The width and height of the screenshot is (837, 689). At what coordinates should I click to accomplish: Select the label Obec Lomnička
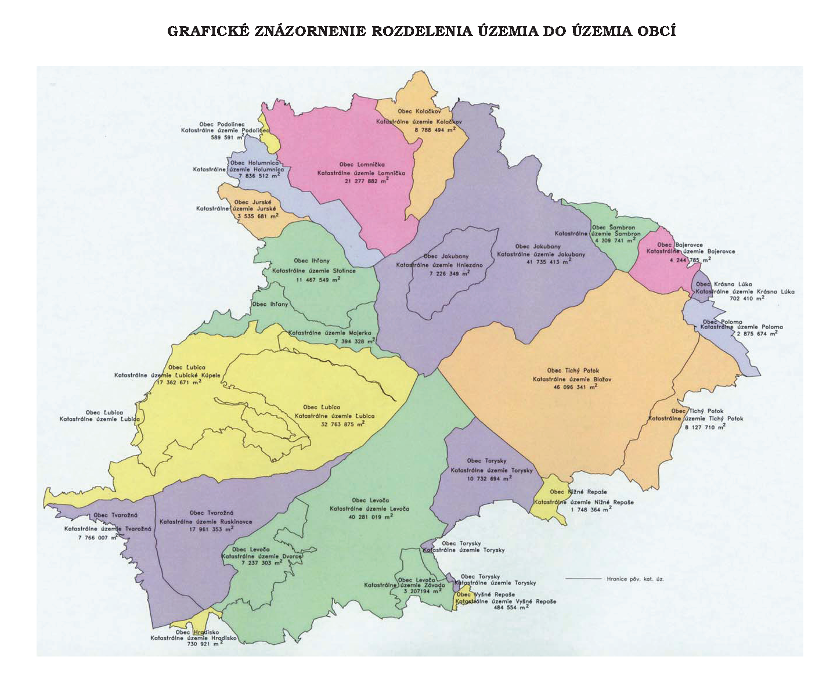tap(362, 164)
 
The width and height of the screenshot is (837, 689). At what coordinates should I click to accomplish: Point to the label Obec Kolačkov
tap(419, 111)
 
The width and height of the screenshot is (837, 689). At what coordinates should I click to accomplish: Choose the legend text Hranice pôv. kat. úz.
tap(635, 579)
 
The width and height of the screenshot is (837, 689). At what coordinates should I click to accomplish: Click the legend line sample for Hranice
tap(583, 579)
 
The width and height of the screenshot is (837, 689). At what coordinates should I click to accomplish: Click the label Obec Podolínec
tap(222, 124)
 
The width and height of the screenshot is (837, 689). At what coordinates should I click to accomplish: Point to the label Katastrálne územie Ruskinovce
tap(206, 521)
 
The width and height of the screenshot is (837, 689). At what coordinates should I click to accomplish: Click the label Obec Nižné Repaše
tap(578, 492)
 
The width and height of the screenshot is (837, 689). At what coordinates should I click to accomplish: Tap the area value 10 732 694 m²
tap(489, 479)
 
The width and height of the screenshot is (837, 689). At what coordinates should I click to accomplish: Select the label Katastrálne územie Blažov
tap(572, 379)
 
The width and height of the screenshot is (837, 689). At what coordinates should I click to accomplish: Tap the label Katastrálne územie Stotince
tap(314, 270)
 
